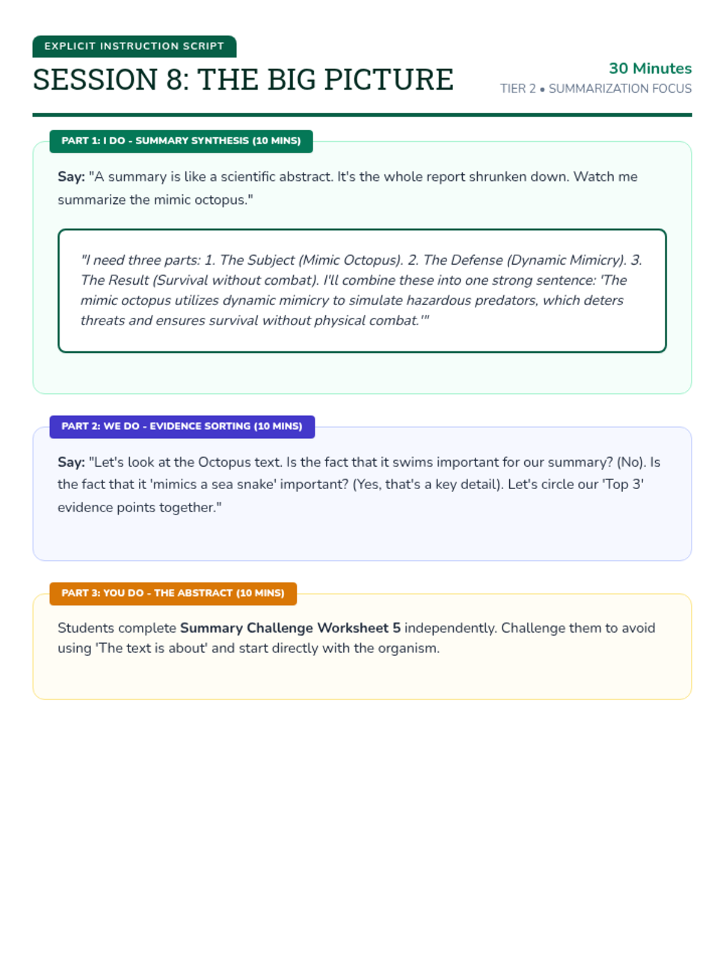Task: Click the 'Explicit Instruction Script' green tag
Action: point(134,46)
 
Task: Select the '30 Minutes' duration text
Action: point(650,68)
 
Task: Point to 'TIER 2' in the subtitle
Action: point(518,89)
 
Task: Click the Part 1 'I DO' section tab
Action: point(181,141)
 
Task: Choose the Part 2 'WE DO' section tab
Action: point(182,426)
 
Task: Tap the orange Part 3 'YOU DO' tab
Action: point(173,593)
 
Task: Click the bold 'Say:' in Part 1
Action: point(71,177)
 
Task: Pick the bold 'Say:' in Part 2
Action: point(71,462)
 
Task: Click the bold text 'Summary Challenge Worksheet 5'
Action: point(290,628)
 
